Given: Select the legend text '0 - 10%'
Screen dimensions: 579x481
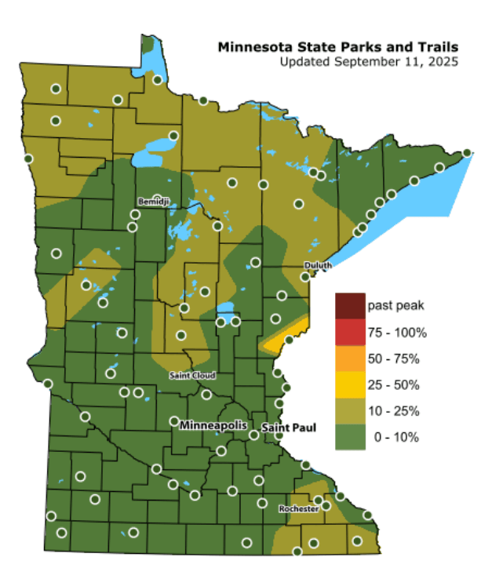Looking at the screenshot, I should point(399,438).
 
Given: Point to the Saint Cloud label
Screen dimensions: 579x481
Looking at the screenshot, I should point(192,377).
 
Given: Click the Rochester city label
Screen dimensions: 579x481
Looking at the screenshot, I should point(298,509).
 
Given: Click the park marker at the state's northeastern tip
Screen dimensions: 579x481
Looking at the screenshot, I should point(467,153).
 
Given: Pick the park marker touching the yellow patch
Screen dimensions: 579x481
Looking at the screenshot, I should point(289,340).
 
